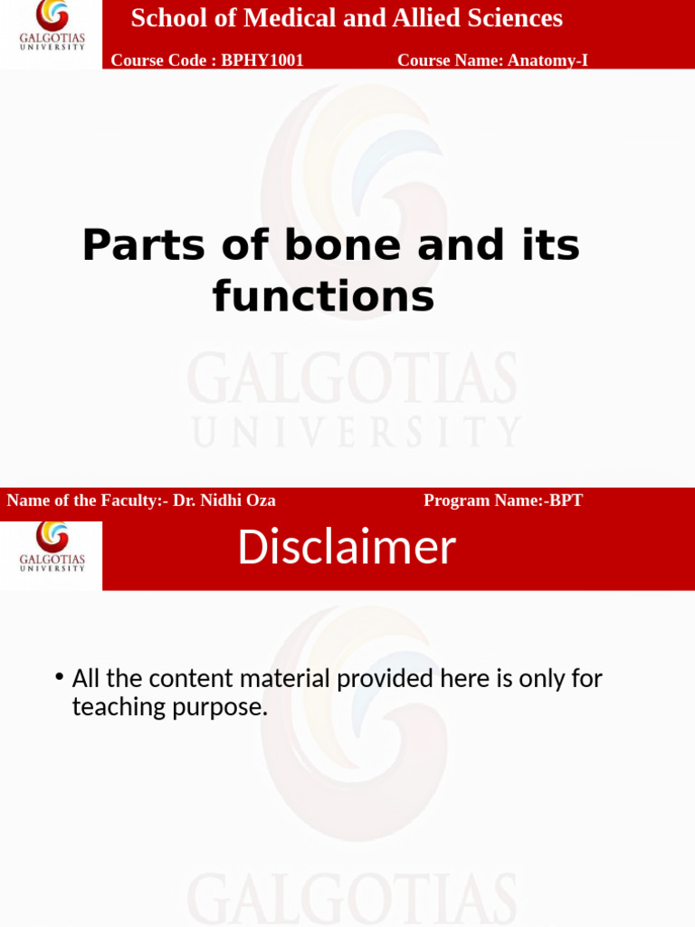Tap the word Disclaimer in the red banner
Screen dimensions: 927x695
(x=347, y=548)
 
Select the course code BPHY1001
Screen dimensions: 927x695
(x=262, y=61)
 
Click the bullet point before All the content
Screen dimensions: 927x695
(x=59, y=678)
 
